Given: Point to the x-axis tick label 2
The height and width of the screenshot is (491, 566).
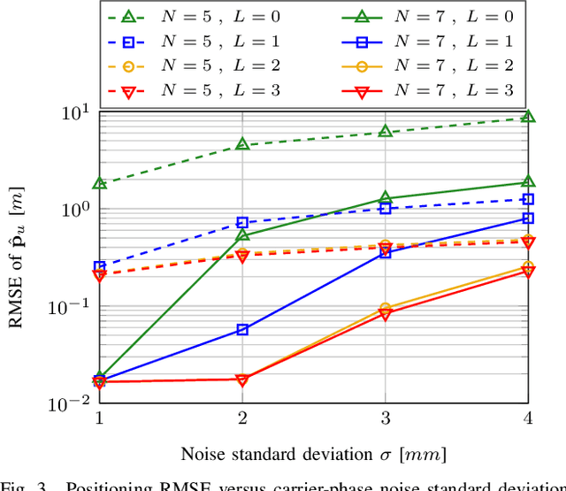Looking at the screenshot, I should [242, 417].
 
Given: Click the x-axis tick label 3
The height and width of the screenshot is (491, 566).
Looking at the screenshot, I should [385, 417].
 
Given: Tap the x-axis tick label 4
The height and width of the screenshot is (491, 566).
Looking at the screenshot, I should [528, 417].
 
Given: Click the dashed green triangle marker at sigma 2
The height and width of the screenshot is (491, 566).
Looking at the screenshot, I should [242, 144].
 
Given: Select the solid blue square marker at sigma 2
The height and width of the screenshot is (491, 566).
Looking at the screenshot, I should [242, 330].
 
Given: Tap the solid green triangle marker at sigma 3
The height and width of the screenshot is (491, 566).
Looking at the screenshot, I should [385, 198].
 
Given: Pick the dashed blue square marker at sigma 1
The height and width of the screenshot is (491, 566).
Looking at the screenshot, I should [100, 266].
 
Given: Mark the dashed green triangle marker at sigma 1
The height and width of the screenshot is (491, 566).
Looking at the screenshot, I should [100, 183].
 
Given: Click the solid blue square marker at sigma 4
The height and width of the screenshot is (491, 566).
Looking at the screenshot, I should [528, 218].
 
